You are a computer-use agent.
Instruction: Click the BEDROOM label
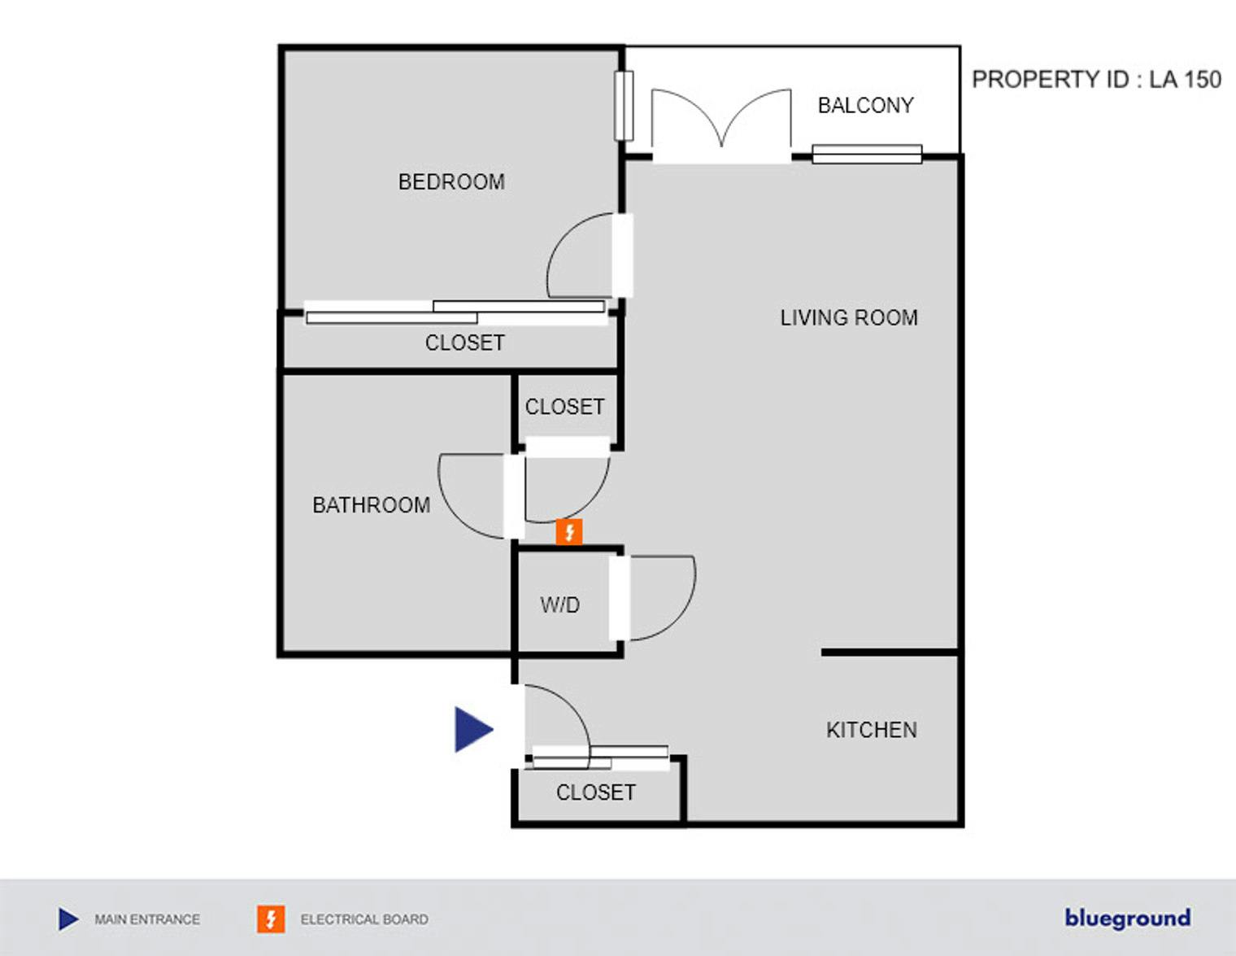pos(451,182)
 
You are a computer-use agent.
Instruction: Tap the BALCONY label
pos(866,105)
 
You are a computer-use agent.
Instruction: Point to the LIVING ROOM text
pos(849,317)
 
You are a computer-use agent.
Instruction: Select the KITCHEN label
pos(872,730)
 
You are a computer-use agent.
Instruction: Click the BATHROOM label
pos(372,505)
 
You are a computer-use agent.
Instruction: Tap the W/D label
pos(560,605)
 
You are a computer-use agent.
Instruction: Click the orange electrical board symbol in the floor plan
pos(568,532)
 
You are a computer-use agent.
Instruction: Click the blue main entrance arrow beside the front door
pos(473,730)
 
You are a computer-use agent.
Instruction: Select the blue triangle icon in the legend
pos(68,919)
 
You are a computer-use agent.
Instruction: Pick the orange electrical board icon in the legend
pos(271,919)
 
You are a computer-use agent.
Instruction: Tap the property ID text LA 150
pos(1185,80)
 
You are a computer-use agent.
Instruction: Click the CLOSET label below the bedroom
pos(464,343)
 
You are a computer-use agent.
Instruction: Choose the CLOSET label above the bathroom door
pos(565,407)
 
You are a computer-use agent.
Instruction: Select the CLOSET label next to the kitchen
pos(595,792)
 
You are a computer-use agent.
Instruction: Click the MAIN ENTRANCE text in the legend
pos(147,919)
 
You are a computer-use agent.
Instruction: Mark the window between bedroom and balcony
pos(624,106)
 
